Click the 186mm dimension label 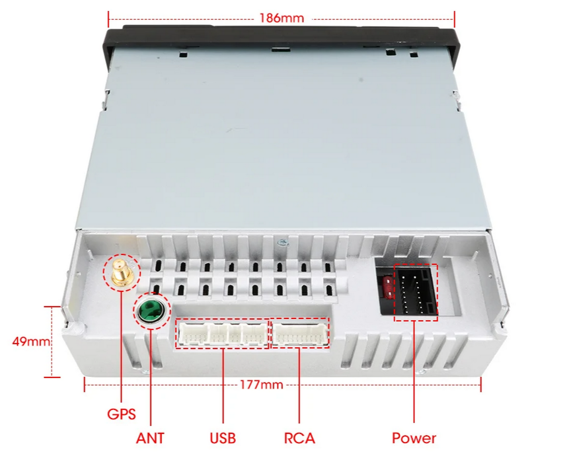click(x=282, y=18)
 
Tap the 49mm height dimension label click(x=31, y=341)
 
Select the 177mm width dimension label click(x=261, y=385)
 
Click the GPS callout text click(x=121, y=414)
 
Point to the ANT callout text click(x=150, y=438)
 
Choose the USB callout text click(x=223, y=438)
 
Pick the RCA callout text click(x=300, y=438)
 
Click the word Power click(x=414, y=438)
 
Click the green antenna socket click(x=152, y=310)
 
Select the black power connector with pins click(x=416, y=291)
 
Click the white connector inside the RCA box click(x=301, y=334)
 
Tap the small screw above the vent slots click(x=282, y=243)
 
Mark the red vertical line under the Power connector click(x=414, y=371)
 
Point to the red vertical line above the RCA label click(x=299, y=385)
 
